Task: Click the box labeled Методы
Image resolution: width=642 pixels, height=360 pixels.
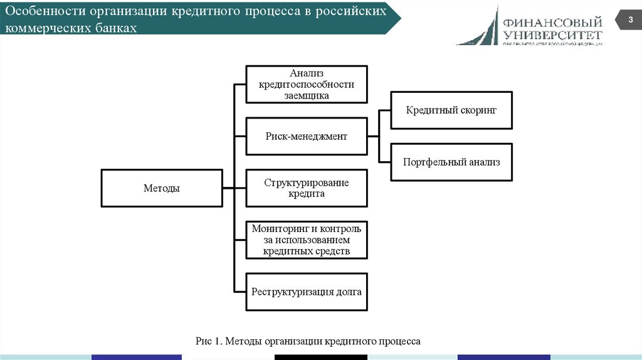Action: click(161, 188)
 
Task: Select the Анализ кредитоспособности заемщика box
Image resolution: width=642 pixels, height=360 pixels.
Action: click(306, 84)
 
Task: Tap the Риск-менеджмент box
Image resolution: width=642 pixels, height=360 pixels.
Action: click(306, 136)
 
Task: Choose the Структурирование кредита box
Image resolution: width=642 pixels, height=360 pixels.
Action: click(306, 188)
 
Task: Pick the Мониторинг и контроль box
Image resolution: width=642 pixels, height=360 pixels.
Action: click(306, 240)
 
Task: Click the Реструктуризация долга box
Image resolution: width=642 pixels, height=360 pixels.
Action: click(306, 292)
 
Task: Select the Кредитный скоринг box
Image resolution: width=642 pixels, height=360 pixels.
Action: click(451, 110)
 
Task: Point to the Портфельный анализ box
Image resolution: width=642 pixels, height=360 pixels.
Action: click(451, 162)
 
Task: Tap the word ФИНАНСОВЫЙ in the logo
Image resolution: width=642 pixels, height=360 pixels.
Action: click(552, 23)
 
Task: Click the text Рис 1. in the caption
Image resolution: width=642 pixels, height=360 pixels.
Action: click(209, 341)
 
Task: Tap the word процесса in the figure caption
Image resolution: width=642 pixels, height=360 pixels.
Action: click(399, 341)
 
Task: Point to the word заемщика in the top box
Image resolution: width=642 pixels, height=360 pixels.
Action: click(306, 95)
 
